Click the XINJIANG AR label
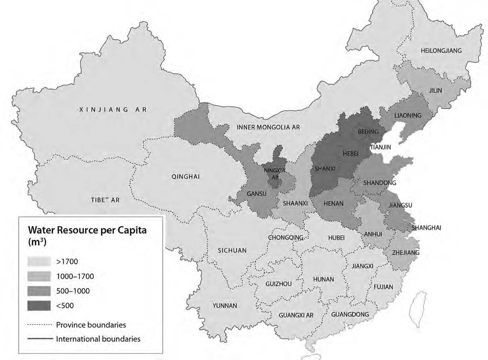click(x=113, y=109)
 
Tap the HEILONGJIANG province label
click(x=441, y=51)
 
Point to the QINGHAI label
click(x=186, y=176)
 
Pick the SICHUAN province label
click(x=232, y=251)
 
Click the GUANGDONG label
click(x=350, y=314)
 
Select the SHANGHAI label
click(x=426, y=228)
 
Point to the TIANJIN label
click(x=380, y=147)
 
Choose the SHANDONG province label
click(x=380, y=183)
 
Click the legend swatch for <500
click(x=39, y=306)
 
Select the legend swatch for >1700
click(x=39, y=262)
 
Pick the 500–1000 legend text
click(x=72, y=291)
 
